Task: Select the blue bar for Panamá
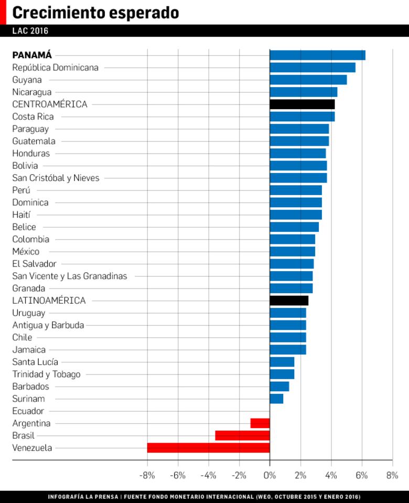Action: click(317, 55)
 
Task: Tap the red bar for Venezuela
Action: click(208, 448)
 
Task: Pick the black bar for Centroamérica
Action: click(302, 104)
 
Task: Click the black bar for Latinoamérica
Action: click(289, 301)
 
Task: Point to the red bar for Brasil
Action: click(242, 435)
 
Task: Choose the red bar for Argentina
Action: click(260, 423)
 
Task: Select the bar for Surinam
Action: click(276, 399)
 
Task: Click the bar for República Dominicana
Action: click(313, 67)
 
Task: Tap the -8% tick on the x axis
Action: click(147, 476)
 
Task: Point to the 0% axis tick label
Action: click(270, 476)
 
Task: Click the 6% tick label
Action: click(362, 476)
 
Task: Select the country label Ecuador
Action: click(28, 411)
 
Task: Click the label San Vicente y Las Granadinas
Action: click(69, 276)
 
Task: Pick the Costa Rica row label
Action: click(33, 116)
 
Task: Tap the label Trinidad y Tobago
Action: click(46, 374)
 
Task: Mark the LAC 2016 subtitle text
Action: click(30, 31)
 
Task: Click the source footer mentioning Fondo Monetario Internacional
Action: click(204, 496)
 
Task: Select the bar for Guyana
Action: click(308, 80)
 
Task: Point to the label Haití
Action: click(21, 215)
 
